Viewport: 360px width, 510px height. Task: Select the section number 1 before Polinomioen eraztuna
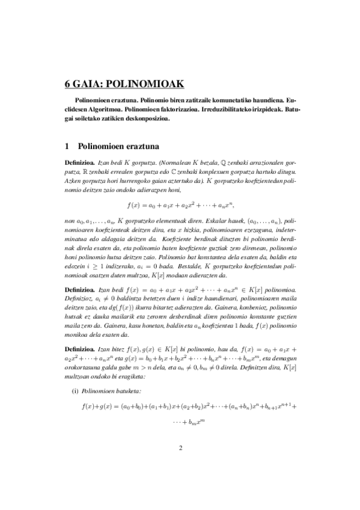67,145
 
